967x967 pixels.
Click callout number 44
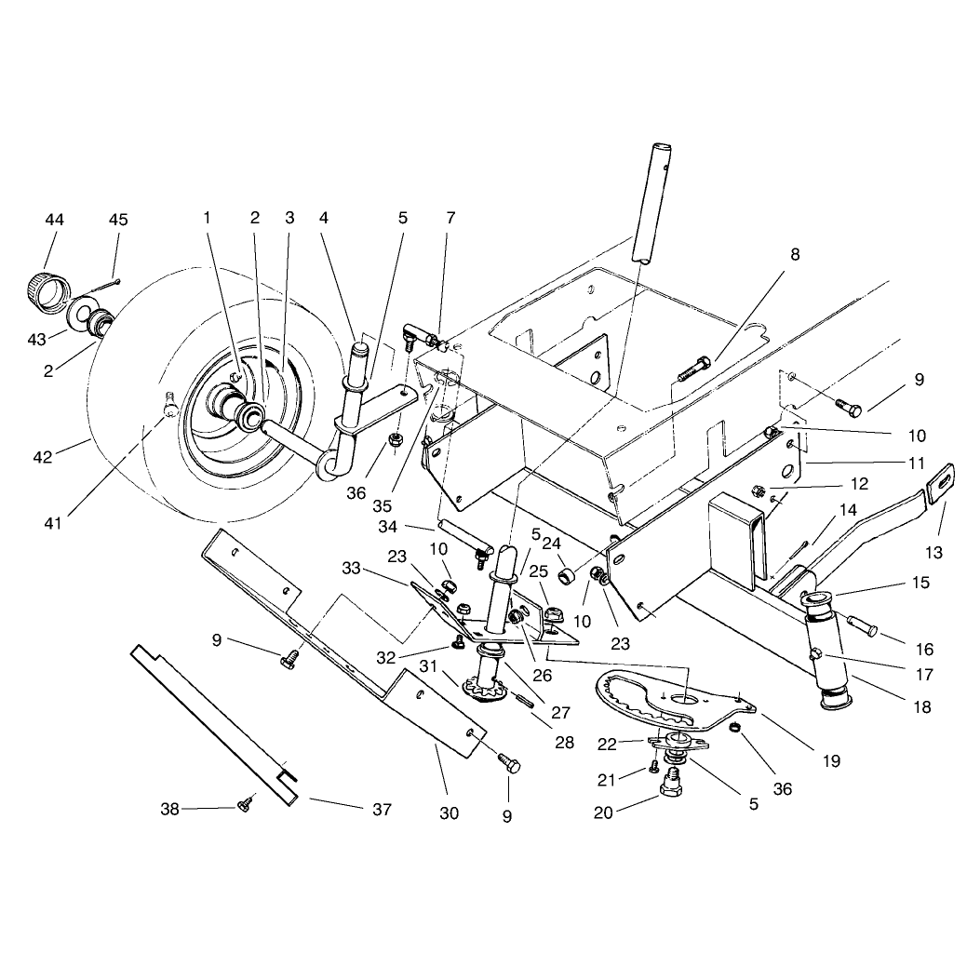(x=54, y=220)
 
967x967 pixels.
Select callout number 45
(x=118, y=220)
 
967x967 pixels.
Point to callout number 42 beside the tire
(x=43, y=457)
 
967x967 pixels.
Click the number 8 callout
(x=795, y=254)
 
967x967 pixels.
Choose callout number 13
(x=933, y=552)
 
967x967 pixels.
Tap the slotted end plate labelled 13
(x=942, y=484)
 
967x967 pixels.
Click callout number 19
(x=831, y=761)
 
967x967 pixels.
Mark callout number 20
(x=603, y=813)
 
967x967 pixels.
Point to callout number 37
(x=382, y=809)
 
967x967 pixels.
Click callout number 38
(x=169, y=809)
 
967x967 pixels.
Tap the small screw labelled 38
(x=246, y=803)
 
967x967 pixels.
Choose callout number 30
(x=449, y=813)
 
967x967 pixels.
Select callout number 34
(x=387, y=528)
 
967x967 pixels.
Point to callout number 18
(x=922, y=706)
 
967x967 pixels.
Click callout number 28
(x=564, y=743)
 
